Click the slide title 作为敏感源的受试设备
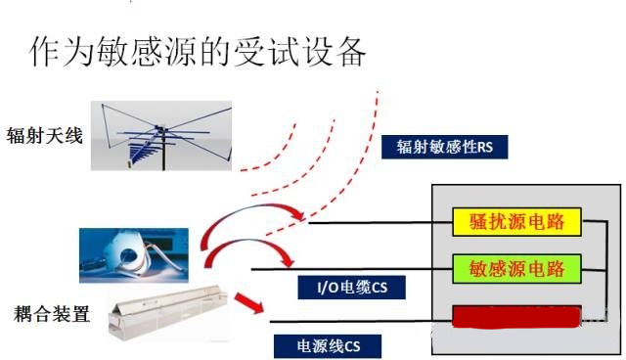point(198,50)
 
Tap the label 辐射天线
point(41,136)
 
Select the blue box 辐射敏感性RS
point(444,147)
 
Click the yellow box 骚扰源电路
point(515,220)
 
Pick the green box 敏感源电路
point(515,267)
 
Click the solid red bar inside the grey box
point(515,315)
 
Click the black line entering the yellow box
point(381,222)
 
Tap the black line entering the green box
point(352,268)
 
